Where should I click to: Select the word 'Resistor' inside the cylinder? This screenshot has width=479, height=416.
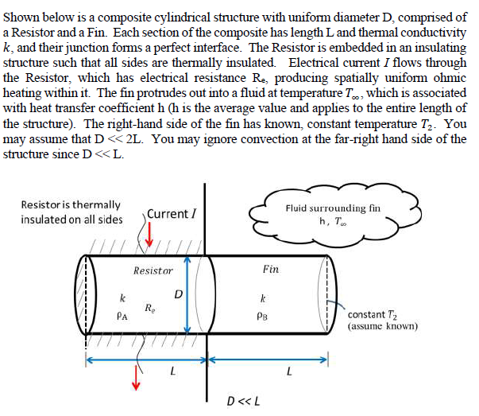pyautogui.click(x=153, y=270)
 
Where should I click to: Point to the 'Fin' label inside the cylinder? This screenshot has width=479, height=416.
pyautogui.click(x=270, y=270)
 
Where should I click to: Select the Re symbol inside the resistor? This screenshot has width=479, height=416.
pyautogui.click(x=149, y=308)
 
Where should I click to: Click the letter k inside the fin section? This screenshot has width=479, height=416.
pyautogui.click(x=262, y=299)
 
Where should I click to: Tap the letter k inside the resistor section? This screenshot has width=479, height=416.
pyautogui.click(x=122, y=299)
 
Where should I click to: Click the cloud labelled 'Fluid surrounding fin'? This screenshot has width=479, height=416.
pyautogui.click(x=334, y=212)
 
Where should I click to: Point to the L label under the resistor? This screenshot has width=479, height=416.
pyautogui.click(x=174, y=371)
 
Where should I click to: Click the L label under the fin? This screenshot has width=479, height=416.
pyautogui.click(x=289, y=371)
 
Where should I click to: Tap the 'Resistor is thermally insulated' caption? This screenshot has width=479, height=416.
pyautogui.click(x=71, y=212)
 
